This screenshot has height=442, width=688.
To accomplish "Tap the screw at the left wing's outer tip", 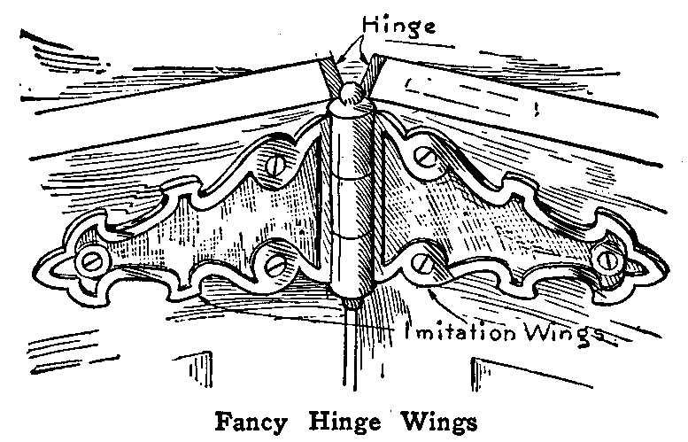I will (89, 260).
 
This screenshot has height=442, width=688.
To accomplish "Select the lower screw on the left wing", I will (274, 263).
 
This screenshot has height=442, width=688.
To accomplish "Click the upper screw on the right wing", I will (428, 157).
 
